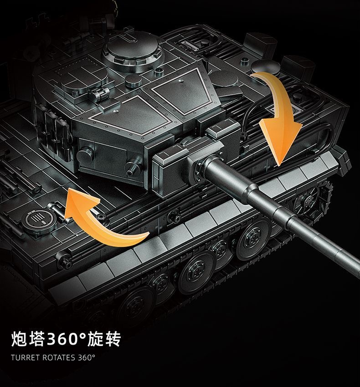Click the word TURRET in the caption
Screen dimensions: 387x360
(25, 357)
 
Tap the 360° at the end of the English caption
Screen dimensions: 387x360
(87, 357)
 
